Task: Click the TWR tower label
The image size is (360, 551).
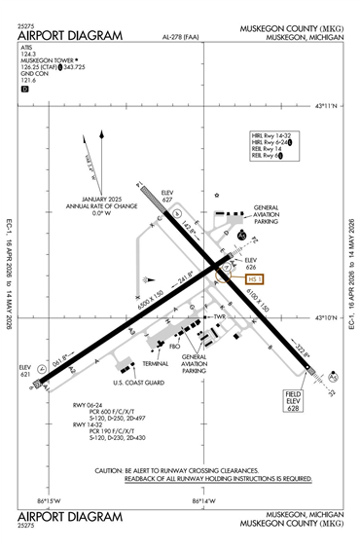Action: click(221, 316)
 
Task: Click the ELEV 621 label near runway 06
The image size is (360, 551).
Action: click(25, 371)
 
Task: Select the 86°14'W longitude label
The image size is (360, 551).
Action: click(203, 500)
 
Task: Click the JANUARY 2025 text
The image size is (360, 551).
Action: click(91, 200)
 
